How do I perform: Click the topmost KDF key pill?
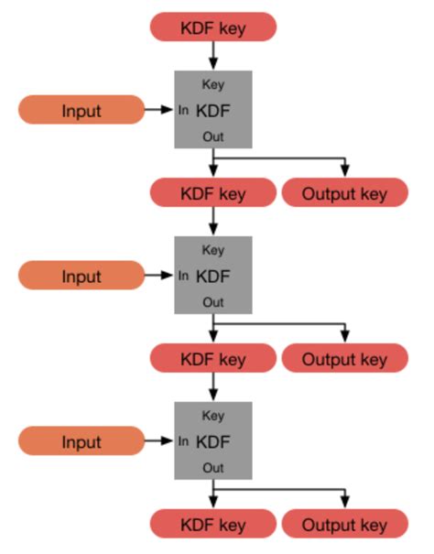click(212, 27)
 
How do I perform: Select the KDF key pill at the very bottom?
click(212, 525)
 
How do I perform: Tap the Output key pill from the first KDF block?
click(344, 193)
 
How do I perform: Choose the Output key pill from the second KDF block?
click(344, 359)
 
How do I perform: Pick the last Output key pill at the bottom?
click(344, 525)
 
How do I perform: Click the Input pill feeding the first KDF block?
click(81, 110)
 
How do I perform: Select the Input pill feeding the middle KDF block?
click(81, 276)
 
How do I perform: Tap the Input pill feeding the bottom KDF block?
click(81, 441)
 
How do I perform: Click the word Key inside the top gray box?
click(212, 85)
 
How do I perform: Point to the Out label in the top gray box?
click(212, 136)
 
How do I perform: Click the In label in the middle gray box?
click(184, 276)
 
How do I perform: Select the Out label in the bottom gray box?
click(212, 468)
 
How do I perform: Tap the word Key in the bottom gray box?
click(212, 416)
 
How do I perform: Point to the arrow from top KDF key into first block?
click(212, 56)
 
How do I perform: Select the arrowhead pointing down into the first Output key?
click(345, 172)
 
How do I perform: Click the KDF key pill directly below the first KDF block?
click(212, 193)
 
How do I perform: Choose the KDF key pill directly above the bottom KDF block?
click(212, 359)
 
